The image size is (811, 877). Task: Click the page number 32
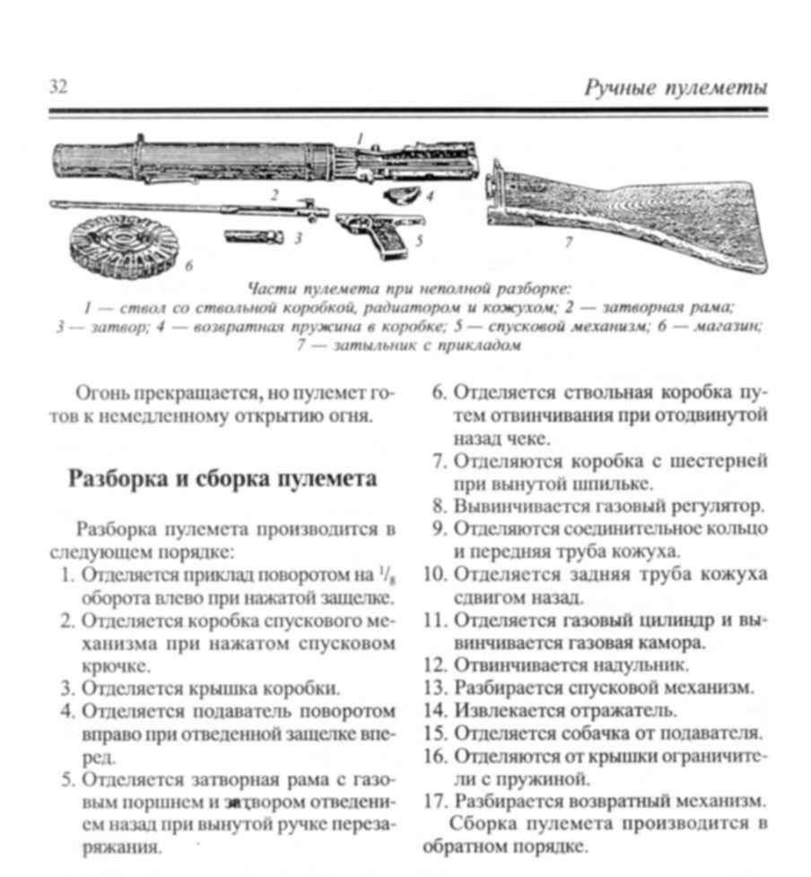point(58,87)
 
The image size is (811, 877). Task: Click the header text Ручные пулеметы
point(675,88)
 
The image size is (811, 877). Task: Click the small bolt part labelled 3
point(254,238)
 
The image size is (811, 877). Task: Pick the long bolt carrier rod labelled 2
point(188,207)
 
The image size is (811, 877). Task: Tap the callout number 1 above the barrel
point(360,139)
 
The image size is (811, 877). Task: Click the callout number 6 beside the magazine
point(188,266)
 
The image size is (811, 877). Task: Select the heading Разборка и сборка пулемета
point(222,479)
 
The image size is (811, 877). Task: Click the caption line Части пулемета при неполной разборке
point(408,289)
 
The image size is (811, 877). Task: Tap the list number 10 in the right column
point(435,574)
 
